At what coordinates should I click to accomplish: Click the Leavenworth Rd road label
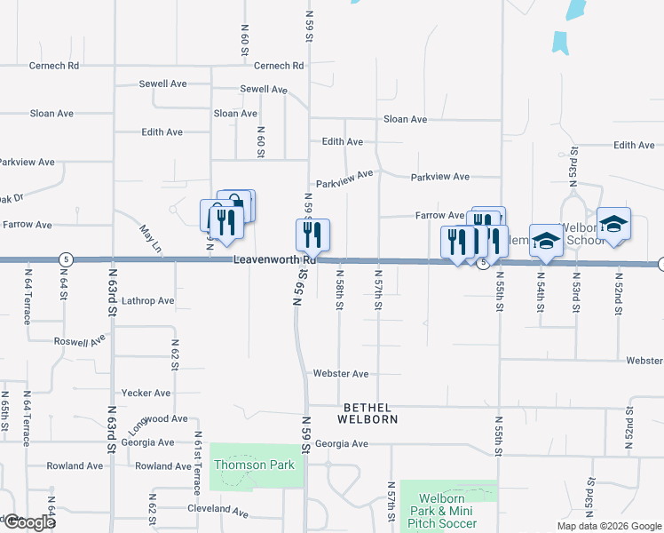pos(274,260)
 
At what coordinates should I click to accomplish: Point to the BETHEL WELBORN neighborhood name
pos(366,412)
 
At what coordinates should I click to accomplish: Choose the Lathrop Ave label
pos(147,301)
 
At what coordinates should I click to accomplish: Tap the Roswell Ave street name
pos(79,340)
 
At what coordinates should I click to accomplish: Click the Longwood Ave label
pos(158,419)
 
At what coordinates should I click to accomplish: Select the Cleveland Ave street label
pos(217,511)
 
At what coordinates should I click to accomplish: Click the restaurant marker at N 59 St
pos(312,235)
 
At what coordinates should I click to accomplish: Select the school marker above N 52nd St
pos(613,225)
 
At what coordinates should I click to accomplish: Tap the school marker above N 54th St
pos(547,240)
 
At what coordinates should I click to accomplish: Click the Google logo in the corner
pos(28,523)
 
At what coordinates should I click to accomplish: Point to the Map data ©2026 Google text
pos(608,526)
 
